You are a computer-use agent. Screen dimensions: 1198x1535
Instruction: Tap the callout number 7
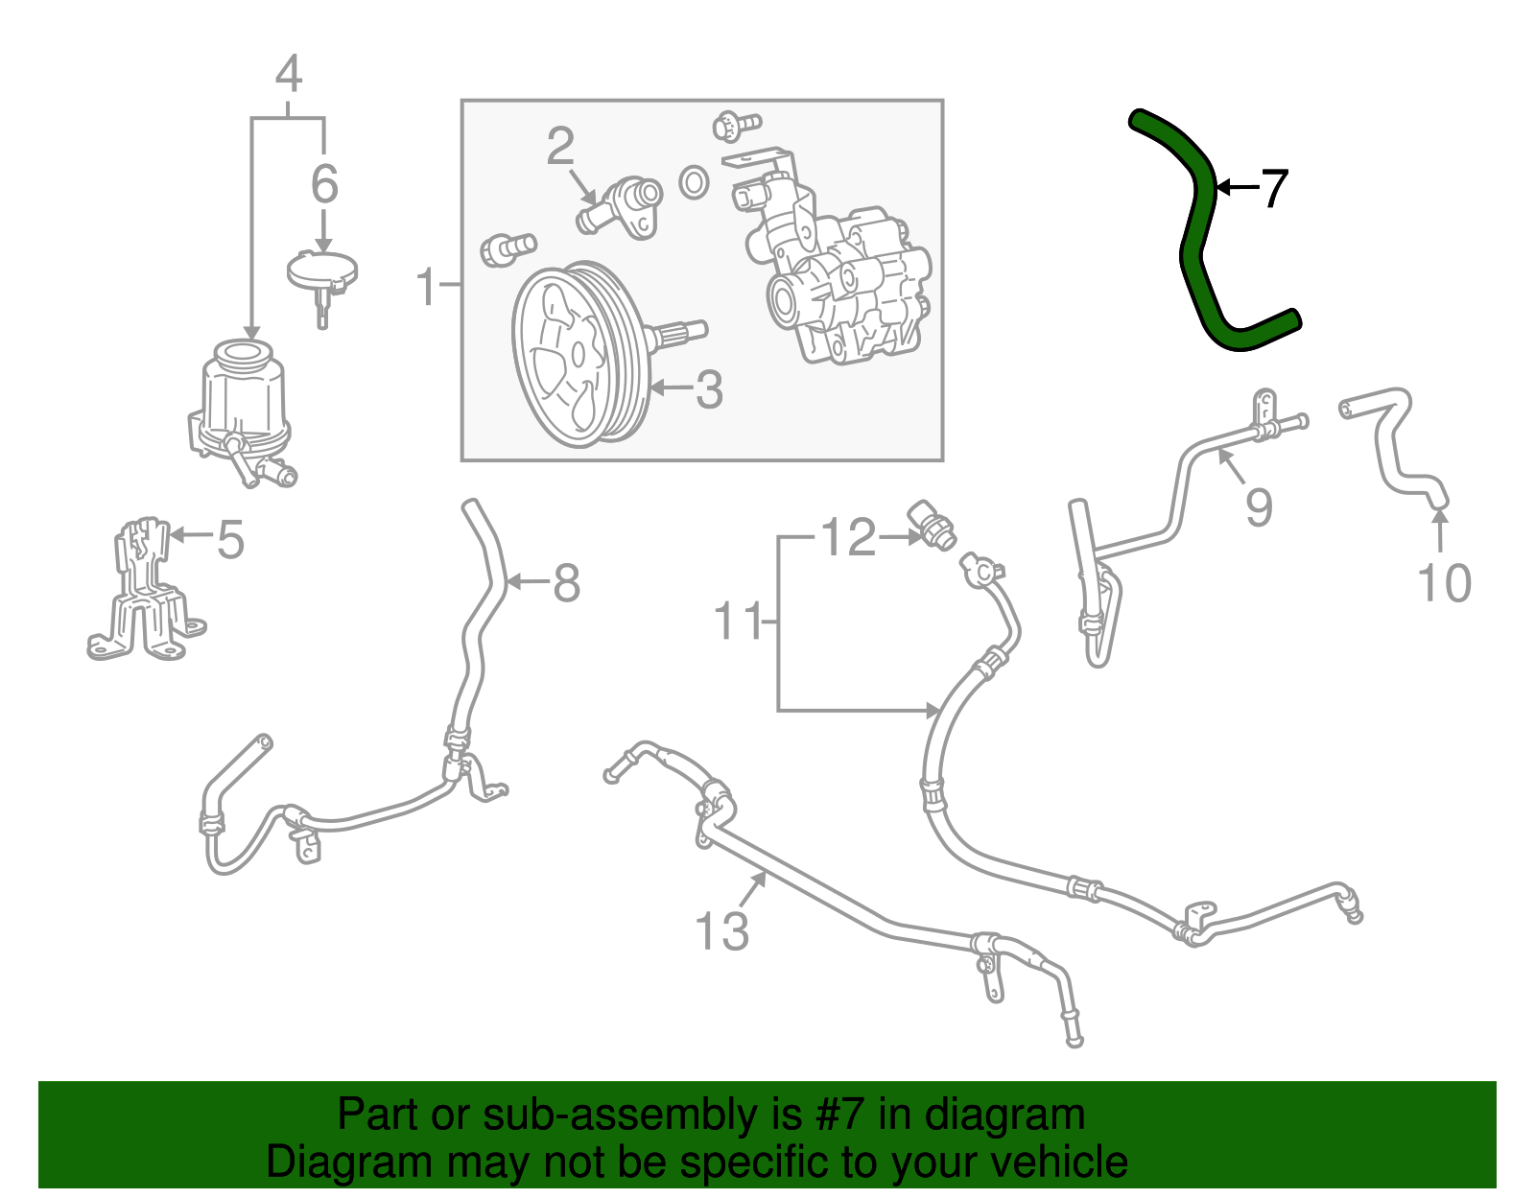click(1274, 188)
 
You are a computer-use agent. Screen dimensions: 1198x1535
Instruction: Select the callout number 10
click(1444, 583)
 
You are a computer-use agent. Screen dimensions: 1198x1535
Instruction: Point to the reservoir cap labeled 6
click(322, 271)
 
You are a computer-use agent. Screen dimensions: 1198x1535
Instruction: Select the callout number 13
click(721, 930)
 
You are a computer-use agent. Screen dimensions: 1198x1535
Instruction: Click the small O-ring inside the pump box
click(693, 181)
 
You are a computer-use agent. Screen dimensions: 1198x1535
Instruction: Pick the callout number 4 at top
click(288, 74)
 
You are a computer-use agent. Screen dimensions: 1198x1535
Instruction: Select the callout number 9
click(1259, 506)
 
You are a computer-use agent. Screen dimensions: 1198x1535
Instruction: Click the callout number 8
click(567, 582)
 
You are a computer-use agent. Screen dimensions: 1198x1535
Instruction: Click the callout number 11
click(738, 622)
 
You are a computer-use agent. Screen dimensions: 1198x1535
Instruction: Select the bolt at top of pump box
click(737, 125)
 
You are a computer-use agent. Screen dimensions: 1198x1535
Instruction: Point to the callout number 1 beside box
click(426, 286)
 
